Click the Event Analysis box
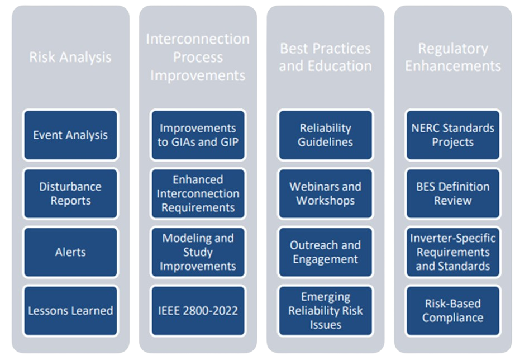coord(70,135)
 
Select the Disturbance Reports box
coord(70,193)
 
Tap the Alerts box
coord(70,252)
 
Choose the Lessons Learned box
coord(70,311)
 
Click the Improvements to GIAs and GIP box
coord(198,135)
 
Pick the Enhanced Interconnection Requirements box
coord(198,193)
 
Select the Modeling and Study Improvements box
coord(198,252)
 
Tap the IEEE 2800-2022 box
coord(198,311)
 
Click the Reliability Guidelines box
coord(326,135)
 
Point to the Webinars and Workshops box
coord(326,193)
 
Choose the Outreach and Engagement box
coord(326,252)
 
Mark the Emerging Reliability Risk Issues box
coord(326,311)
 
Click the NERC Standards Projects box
coord(453,135)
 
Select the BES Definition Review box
coord(453,193)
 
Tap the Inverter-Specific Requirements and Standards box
coord(453,252)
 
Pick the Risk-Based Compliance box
coord(453,311)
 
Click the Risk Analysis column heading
coord(70,57)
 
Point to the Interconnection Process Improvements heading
coord(198,57)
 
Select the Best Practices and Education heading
coord(325,57)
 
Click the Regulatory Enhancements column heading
coord(453,57)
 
